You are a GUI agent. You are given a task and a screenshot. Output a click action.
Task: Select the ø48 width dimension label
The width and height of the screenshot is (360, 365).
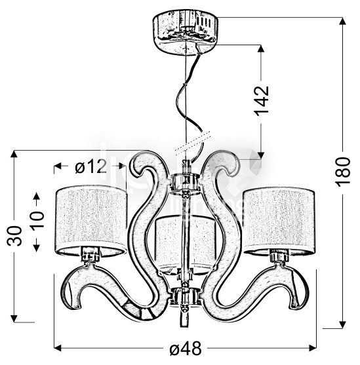185,349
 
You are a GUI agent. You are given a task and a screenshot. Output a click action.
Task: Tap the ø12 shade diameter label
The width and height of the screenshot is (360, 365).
90,166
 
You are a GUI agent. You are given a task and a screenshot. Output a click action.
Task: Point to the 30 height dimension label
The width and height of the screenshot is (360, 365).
14,235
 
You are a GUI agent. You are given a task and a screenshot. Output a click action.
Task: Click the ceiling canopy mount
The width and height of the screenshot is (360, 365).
185,32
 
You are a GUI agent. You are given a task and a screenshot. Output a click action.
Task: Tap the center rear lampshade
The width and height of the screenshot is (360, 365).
186,244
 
